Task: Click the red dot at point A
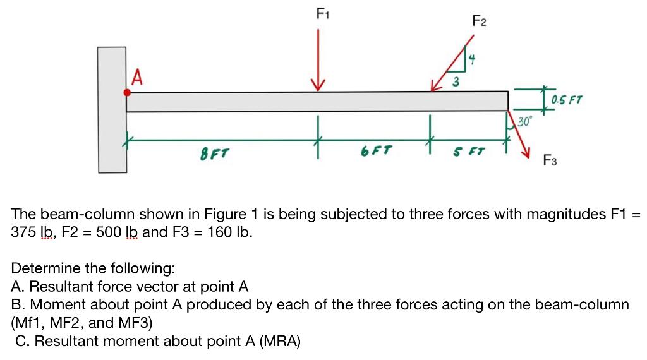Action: point(127,92)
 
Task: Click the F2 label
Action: point(480,21)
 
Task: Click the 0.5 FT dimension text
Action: point(567,100)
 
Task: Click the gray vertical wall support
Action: point(112,109)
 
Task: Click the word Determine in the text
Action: point(42,268)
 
